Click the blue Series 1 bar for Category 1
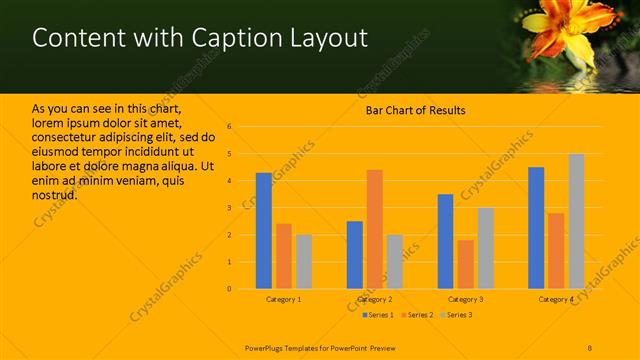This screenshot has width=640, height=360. tap(263, 231)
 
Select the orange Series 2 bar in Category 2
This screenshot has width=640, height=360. tap(374, 229)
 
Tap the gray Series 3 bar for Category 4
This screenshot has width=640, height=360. tap(576, 221)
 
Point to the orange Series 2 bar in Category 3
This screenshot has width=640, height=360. tap(465, 264)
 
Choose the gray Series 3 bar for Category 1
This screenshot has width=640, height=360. tap(303, 262)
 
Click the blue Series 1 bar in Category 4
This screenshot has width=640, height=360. tap(536, 228)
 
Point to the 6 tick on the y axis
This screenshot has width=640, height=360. tap(229, 127)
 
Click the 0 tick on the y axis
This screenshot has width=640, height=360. tap(229, 289)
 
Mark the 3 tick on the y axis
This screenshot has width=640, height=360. tap(229, 208)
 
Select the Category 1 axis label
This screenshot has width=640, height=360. tap(284, 299)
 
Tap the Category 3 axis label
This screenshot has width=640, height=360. tap(465, 299)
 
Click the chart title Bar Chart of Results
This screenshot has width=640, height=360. tap(415, 110)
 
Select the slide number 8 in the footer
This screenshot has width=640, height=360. tap(590, 347)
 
